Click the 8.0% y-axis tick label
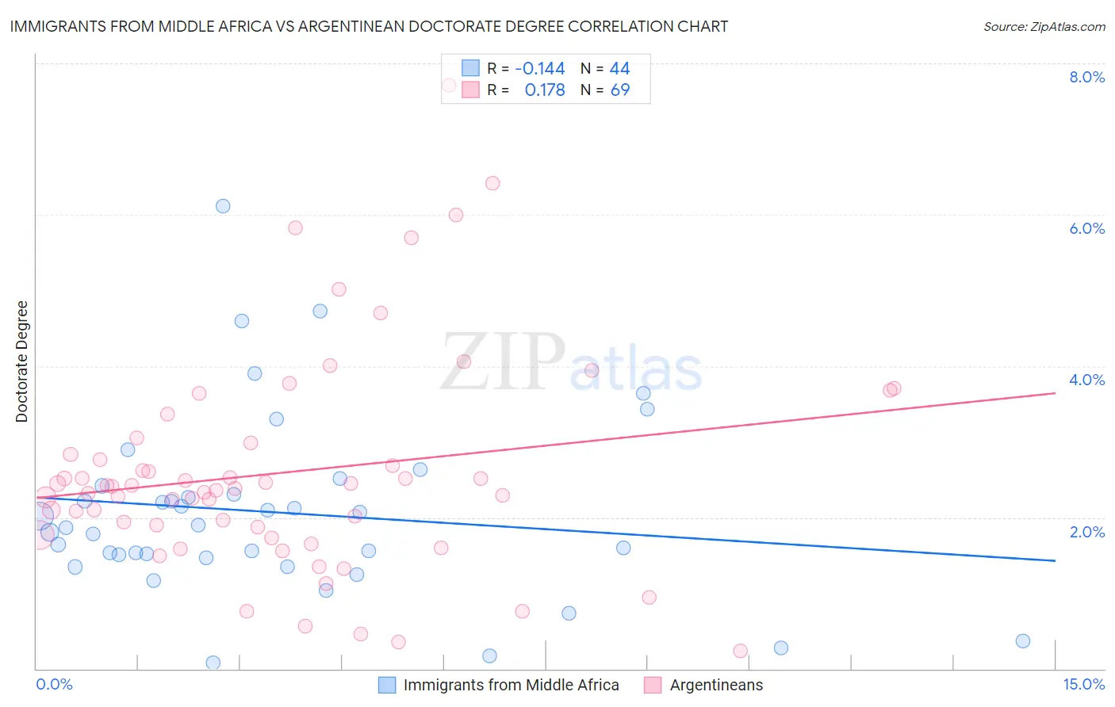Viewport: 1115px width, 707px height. [x=1086, y=77]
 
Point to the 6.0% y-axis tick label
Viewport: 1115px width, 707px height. [x=1086, y=228]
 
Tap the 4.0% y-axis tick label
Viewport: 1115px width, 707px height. [x=1086, y=380]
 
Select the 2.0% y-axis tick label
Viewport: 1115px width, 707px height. [x=1086, y=532]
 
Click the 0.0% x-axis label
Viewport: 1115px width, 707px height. [x=54, y=684]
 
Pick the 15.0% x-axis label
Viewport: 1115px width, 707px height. [x=1083, y=684]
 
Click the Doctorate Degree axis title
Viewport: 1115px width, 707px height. [x=21, y=361]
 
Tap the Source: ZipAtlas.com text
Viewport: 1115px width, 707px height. [x=1044, y=26]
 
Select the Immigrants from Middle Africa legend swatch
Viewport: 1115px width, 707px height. [x=386, y=685]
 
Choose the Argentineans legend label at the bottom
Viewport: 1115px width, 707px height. [x=716, y=685]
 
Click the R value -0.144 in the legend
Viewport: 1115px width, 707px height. [x=539, y=69]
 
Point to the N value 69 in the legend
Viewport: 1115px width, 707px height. [x=619, y=90]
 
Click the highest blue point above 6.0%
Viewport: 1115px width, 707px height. [x=223, y=206]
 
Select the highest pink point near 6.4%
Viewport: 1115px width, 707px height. [x=492, y=183]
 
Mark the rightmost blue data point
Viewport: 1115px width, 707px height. [x=1023, y=641]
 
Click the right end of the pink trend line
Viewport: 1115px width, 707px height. [x=1055, y=393]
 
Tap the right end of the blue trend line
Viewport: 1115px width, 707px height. [x=1055, y=560]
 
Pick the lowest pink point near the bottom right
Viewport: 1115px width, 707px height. [x=741, y=651]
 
